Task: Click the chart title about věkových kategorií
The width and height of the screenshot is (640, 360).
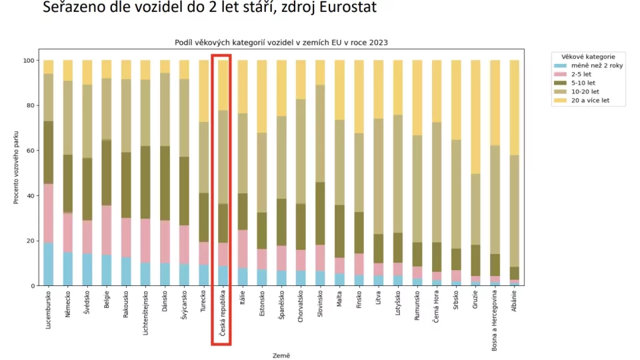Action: click(x=281, y=42)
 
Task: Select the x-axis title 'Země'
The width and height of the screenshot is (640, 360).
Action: click(x=281, y=355)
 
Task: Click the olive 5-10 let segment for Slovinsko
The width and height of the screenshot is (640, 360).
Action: click(x=321, y=214)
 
